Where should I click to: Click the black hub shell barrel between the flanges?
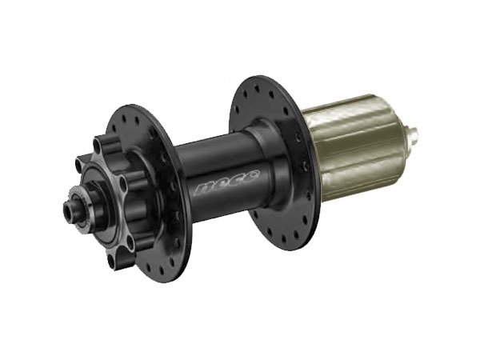(212, 172)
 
